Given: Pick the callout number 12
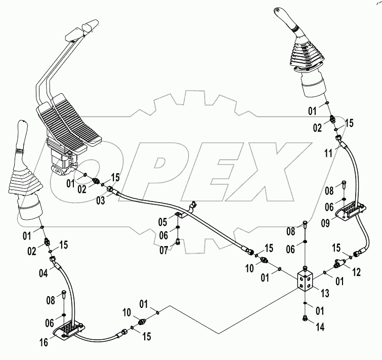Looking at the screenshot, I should (357, 272).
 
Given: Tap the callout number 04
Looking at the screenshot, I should (45, 274).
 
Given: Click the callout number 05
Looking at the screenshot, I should (162, 221).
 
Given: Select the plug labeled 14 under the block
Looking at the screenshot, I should (306, 318).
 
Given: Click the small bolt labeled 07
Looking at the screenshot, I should (178, 242).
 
